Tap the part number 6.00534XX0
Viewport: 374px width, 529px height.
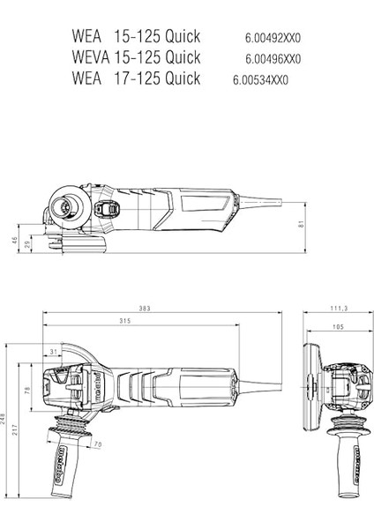(x=261, y=80)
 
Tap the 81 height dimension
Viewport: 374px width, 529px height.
(x=302, y=224)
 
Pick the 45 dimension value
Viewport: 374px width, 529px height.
(x=14, y=239)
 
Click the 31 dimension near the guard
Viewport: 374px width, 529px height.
(x=54, y=352)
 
